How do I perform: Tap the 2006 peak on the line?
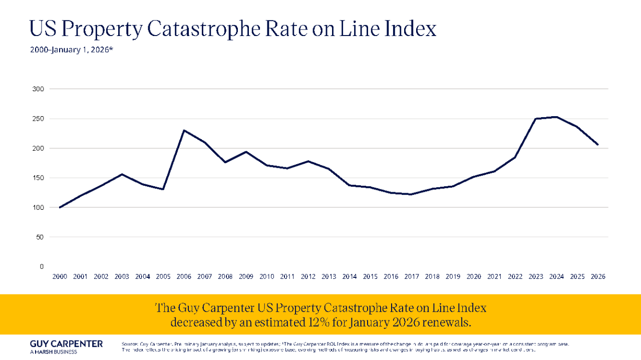point(184,131)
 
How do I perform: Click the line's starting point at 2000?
point(60,207)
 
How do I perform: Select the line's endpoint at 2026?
point(597,145)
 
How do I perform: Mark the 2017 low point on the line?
point(412,194)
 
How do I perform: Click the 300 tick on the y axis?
point(39,89)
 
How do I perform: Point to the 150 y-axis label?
point(39,178)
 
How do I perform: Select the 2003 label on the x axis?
point(122,277)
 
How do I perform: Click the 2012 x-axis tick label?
point(308,277)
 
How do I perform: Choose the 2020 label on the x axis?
point(473,277)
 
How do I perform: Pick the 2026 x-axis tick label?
point(597,277)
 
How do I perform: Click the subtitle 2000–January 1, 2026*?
point(71,50)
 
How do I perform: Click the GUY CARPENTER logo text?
point(66,343)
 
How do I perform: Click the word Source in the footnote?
point(129,344)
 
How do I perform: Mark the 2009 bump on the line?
point(246,152)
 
